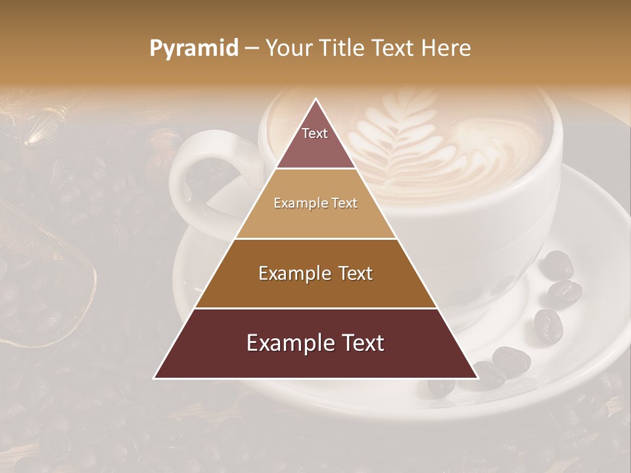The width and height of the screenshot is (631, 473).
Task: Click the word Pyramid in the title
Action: click(x=193, y=49)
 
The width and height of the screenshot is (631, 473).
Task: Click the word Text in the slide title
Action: click(x=393, y=49)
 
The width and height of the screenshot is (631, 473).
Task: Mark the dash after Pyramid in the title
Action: click(x=252, y=49)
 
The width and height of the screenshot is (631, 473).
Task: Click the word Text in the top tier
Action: click(x=315, y=133)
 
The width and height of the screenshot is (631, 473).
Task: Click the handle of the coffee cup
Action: click(x=191, y=177)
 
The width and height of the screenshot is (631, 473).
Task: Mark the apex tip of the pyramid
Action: click(x=316, y=101)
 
